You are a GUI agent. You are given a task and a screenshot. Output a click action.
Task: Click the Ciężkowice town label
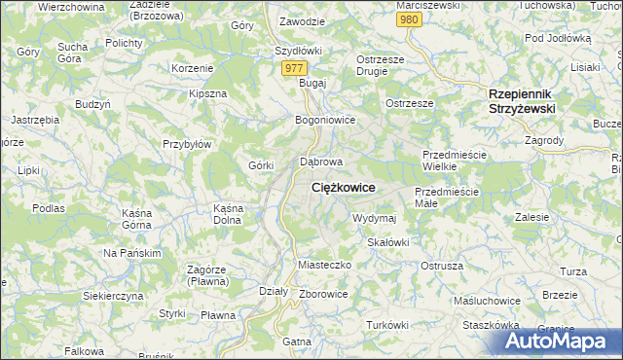(x=344, y=187)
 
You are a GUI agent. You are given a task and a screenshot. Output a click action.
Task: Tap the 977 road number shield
(x=295, y=68)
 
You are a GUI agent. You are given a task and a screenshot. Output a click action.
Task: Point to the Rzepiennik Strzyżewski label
(x=521, y=101)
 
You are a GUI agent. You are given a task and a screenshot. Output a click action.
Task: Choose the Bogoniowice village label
(x=325, y=120)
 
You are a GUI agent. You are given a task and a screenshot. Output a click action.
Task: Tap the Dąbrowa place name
(x=321, y=162)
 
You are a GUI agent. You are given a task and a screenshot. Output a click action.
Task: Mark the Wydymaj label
(x=375, y=218)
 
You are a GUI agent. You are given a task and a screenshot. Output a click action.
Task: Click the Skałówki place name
(x=387, y=241)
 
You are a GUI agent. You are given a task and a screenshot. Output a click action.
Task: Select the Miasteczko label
(x=322, y=265)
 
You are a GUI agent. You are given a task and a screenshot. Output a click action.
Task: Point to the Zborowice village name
(x=324, y=294)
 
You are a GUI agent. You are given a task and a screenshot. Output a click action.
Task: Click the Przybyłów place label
(x=187, y=143)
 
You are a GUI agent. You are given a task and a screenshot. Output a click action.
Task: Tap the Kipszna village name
(x=207, y=93)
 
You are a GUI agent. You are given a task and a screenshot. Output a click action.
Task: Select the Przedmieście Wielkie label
(x=453, y=161)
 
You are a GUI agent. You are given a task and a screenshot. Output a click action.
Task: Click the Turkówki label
(x=386, y=324)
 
